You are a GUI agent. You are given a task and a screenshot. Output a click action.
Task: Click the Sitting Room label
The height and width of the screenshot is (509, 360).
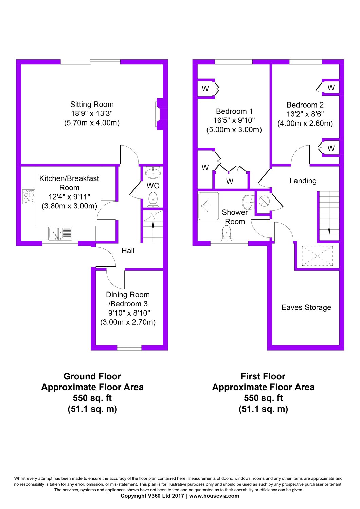click(92, 105)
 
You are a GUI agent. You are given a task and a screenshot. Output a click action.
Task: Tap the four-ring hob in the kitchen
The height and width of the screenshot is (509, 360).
click(29, 196)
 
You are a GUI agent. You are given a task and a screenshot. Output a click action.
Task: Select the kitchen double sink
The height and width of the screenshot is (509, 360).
click(60, 233)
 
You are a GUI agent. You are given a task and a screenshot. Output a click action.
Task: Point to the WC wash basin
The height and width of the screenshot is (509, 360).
click(153, 172)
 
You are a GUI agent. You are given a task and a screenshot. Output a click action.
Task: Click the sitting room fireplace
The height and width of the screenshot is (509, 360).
click(160, 114)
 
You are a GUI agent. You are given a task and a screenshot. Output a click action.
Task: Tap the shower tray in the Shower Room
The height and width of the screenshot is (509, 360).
click(208, 206)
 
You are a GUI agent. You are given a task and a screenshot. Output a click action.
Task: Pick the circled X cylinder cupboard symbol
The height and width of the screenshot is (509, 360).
click(264, 201)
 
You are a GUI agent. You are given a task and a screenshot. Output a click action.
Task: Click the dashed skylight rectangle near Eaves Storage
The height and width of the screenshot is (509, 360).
click(317, 256)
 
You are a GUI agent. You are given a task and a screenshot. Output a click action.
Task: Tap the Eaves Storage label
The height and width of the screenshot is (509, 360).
click(306, 307)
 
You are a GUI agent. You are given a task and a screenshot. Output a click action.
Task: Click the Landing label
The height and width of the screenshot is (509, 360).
click(303, 181)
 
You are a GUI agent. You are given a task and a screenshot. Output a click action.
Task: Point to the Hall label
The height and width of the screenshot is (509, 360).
click(128, 251)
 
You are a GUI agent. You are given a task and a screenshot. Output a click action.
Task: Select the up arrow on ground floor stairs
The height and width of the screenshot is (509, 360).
click(153, 225)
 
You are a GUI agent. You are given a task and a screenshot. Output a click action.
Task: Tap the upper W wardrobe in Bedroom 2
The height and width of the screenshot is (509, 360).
click(331, 88)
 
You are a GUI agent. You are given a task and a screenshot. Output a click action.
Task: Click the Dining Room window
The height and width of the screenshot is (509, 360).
click(129, 347)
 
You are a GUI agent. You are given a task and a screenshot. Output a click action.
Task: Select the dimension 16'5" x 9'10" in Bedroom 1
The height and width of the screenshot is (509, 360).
click(234, 120)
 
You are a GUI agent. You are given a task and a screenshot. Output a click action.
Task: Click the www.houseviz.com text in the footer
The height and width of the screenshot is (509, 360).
click(214, 496)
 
